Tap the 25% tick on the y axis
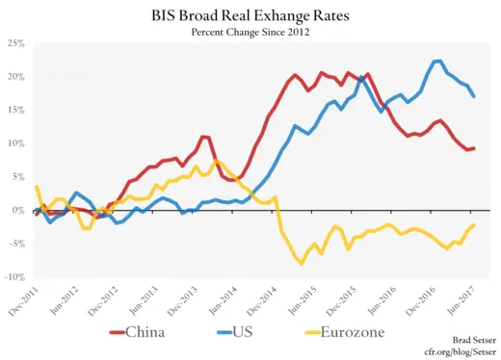15,43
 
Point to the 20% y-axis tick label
15,77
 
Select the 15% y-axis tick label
15,111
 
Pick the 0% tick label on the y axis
18,211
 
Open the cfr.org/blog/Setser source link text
453,351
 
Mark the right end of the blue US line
473,96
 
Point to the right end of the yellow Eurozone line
473,225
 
